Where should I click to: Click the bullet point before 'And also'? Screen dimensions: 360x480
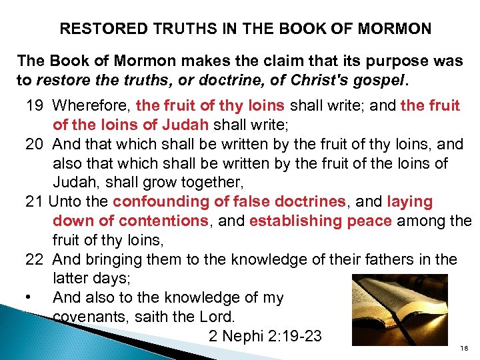point(32,297)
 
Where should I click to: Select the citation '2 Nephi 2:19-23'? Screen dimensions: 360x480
point(265,336)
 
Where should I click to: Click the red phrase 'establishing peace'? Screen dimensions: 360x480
point(321,221)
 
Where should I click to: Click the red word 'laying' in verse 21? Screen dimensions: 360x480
point(409,201)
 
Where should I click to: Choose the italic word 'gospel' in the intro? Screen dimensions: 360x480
point(382,80)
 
